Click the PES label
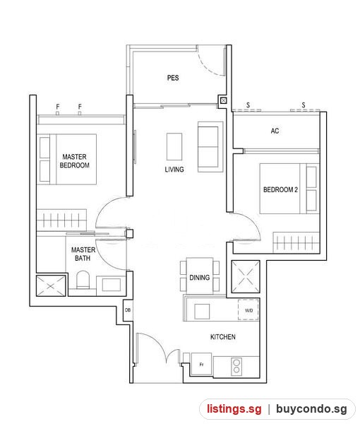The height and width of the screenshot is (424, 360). click(x=173, y=78)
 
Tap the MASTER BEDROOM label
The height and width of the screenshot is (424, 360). click(x=75, y=161)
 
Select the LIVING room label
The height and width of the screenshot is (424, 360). click(x=174, y=170)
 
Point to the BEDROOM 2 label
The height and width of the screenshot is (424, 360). click(x=281, y=189)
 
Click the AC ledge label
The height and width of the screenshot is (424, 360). click(x=275, y=131)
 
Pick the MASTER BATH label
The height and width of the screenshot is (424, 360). click(x=83, y=254)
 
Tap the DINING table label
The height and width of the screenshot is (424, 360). click(x=200, y=278)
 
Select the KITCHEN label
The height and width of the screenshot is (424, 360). click(x=223, y=336)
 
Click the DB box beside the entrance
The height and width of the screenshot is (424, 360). click(x=128, y=310)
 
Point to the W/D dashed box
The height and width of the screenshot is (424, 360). click(x=248, y=310)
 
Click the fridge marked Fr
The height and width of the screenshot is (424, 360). click(x=201, y=364)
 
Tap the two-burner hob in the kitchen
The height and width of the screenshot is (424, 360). click(x=236, y=366)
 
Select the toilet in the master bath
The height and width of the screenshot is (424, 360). click(x=83, y=280)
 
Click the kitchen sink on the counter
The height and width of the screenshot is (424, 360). click(x=202, y=312)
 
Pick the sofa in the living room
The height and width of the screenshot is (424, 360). click(x=210, y=147)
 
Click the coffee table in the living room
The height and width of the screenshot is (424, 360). click(x=174, y=146)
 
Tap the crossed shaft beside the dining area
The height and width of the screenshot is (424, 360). click(x=246, y=276)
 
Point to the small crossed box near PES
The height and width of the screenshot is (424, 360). click(x=223, y=101)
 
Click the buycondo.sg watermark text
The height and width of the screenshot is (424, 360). click(x=311, y=409)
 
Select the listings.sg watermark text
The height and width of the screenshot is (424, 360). click(x=234, y=409)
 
